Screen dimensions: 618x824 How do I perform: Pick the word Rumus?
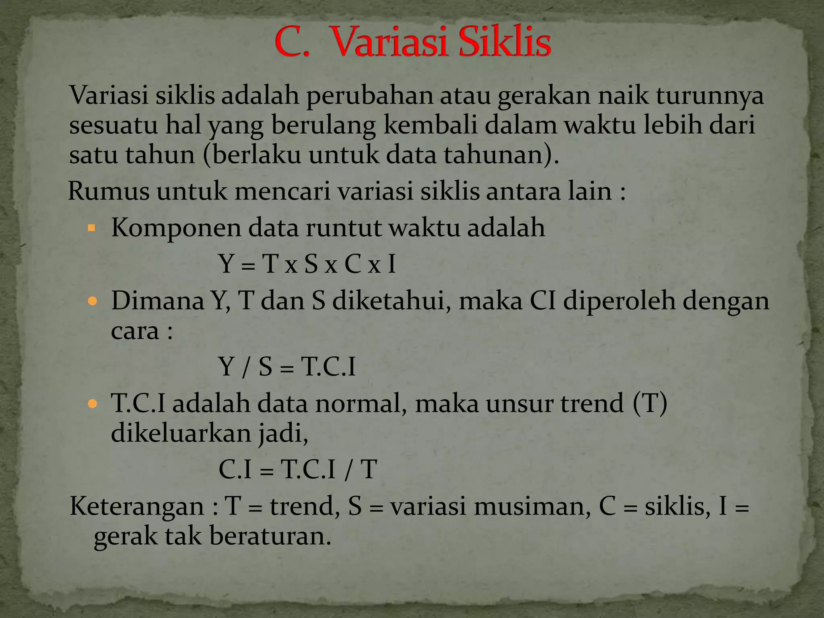pos(109,191)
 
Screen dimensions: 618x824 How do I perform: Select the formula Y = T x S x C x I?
pos(307,264)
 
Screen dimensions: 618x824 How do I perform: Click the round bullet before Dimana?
pos(93,301)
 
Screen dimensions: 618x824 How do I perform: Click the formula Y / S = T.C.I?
pos(287,367)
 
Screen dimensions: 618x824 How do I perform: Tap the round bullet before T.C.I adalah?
pos(93,404)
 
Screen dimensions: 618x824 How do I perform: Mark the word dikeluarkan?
pos(181,433)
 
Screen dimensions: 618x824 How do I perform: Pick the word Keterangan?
pos(137,506)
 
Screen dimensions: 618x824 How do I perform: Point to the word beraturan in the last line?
pos(270,536)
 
